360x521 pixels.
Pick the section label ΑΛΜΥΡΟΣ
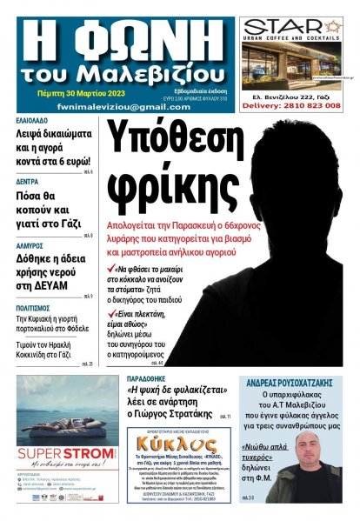click(x=31, y=246)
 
